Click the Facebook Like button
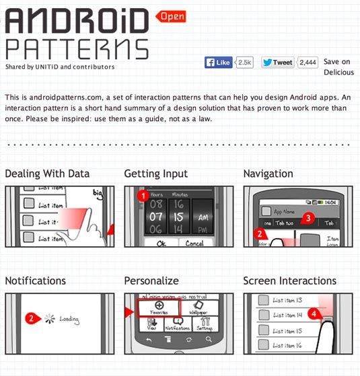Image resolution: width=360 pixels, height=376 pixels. (x=219, y=62)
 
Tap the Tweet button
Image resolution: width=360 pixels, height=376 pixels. (x=278, y=62)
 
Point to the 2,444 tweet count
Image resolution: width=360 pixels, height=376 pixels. (x=308, y=62)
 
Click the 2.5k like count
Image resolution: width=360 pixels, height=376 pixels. (x=245, y=62)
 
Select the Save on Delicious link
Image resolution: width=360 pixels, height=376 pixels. (x=338, y=67)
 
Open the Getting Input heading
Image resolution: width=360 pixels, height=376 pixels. (x=156, y=174)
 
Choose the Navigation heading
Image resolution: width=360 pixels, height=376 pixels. (x=268, y=174)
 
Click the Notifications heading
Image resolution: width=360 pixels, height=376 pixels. (x=36, y=280)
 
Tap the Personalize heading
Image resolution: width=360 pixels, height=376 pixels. (x=151, y=280)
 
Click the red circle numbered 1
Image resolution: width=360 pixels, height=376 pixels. (x=142, y=196)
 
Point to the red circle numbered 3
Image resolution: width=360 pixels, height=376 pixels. (x=308, y=218)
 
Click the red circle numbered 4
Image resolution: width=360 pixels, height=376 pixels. (x=313, y=313)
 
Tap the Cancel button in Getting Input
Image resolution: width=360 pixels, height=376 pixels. (x=196, y=244)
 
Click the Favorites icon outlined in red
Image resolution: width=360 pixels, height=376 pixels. (x=159, y=307)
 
